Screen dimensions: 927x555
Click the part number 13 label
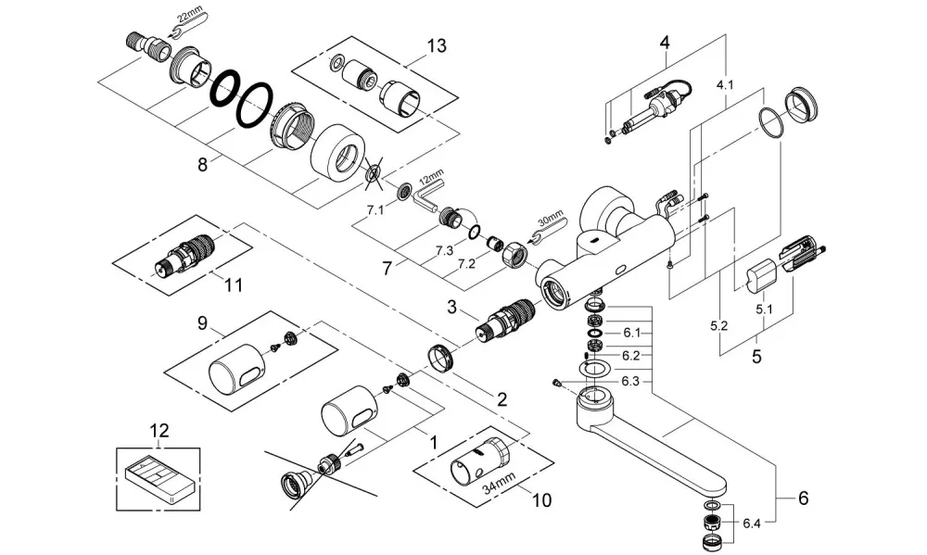click(437, 45)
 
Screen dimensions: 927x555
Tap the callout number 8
click(203, 164)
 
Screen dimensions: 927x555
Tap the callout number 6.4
click(752, 523)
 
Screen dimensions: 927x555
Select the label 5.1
click(765, 309)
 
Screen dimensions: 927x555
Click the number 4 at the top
click(665, 43)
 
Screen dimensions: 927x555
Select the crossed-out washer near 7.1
click(373, 175)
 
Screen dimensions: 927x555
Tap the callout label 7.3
click(445, 250)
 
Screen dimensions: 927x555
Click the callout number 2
click(502, 400)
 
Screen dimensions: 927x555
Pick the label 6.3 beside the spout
click(630, 381)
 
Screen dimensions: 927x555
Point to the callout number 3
click(451, 308)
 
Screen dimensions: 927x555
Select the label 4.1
click(725, 85)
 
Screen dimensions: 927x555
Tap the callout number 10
click(541, 500)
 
